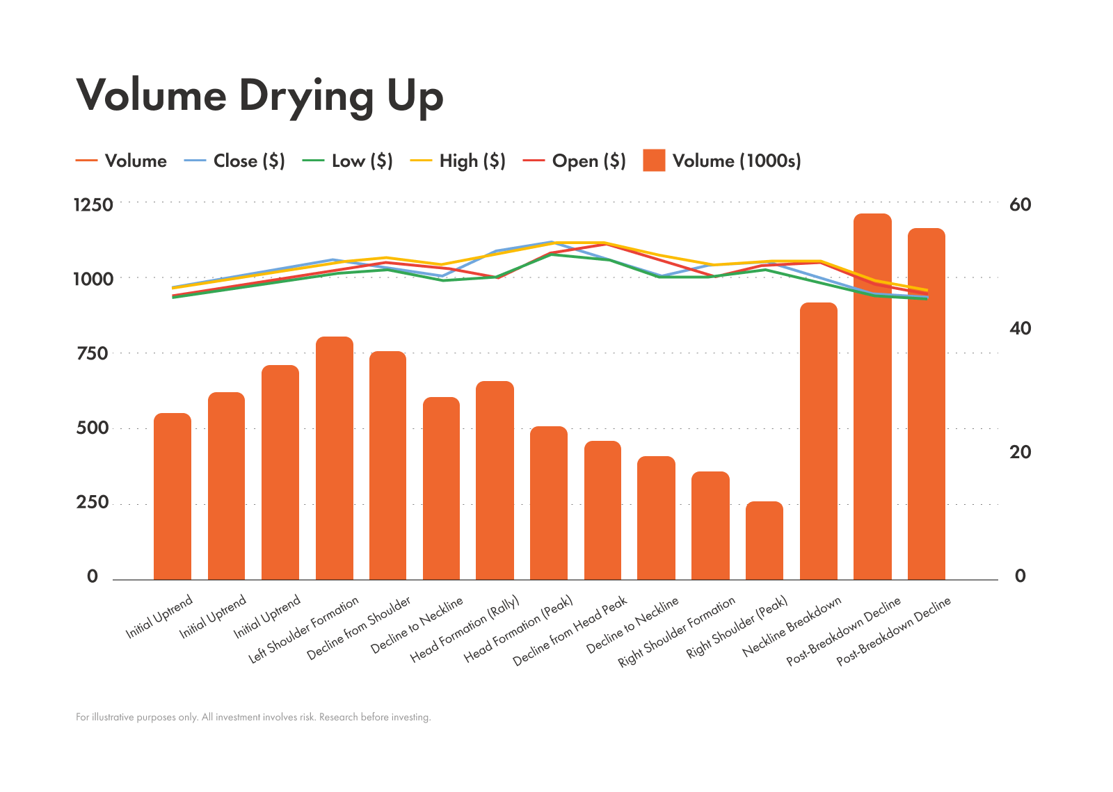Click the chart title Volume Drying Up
coord(259,97)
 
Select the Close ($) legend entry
coord(234,161)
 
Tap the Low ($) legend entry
coord(348,161)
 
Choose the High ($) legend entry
coord(458,161)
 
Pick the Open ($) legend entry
coord(575,161)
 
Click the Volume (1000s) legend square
coord(654,161)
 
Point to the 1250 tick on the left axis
coord(93,204)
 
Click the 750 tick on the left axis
coord(93,353)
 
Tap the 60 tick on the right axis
coord(1020,204)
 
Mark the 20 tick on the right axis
coord(1020,452)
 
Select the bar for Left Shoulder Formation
coord(335,458)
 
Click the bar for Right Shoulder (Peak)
coord(764,541)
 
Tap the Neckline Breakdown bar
coord(818,442)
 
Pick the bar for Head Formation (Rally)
coord(495,480)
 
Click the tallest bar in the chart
coord(872,397)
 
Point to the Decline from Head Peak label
coord(570,631)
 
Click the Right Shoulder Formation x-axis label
coord(676,631)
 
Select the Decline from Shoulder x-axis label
coord(359,628)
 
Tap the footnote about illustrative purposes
coord(253,717)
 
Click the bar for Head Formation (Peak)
coord(549,503)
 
